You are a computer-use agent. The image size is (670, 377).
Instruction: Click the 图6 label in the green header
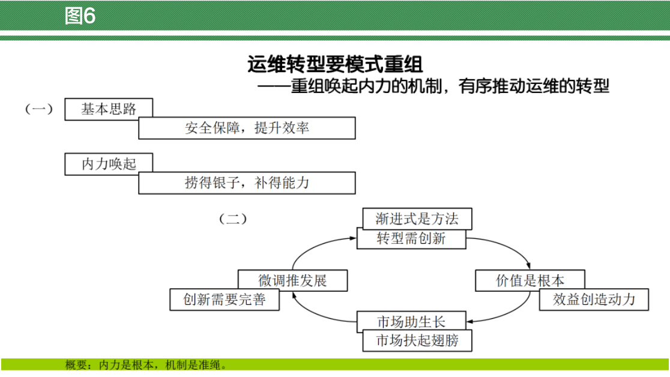[80, 16]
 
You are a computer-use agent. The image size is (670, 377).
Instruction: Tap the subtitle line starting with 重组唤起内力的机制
[433, 86]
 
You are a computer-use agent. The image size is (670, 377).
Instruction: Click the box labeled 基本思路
[109, 109]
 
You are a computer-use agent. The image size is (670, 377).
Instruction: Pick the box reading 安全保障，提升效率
[247, 128]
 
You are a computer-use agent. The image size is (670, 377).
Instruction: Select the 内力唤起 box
[109, 164]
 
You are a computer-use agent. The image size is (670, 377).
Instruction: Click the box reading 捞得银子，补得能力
[247, 183]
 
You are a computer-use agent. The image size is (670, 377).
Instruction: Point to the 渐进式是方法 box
[417, 219]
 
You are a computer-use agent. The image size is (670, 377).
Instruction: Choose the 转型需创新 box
[411, 238]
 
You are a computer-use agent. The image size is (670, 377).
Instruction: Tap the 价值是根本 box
[530, 280]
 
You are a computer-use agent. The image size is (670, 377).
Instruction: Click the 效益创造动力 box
[594, 300]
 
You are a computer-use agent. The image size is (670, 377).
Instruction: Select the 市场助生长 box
[411, 321]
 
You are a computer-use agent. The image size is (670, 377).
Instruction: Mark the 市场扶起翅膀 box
[417, 341]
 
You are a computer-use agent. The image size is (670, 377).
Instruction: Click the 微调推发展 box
[292, 280]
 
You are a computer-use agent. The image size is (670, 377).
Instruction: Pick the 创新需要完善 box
[225, 300]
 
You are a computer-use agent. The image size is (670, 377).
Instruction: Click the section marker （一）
[38, 109]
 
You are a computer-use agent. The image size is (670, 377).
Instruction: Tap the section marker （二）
[233, 219]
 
